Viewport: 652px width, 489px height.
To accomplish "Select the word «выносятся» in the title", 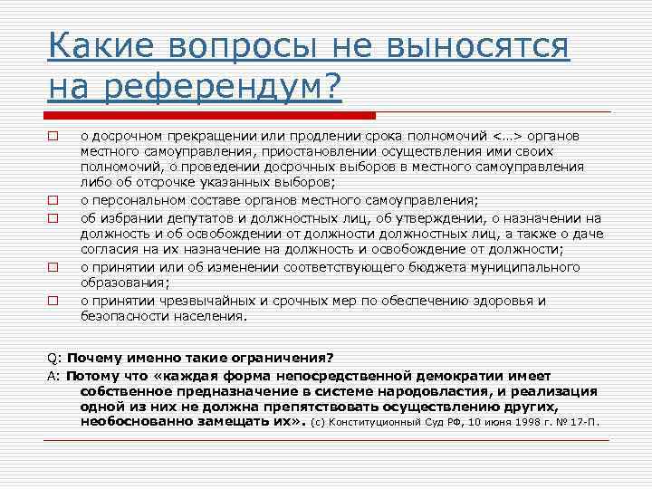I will click(x=481, y=46).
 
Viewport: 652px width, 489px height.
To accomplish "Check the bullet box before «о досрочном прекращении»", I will click(x=53, y=136).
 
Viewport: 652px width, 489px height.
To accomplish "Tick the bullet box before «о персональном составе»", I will click(x=53, y=201).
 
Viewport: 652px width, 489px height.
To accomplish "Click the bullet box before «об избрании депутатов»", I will click(x=53, y=218).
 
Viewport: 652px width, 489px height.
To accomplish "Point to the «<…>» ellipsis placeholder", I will click(x=508, y=135).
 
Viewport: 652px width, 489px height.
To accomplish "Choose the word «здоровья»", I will click(x=508, y=300).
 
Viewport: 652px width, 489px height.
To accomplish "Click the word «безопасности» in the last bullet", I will click(x=127, y=316).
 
